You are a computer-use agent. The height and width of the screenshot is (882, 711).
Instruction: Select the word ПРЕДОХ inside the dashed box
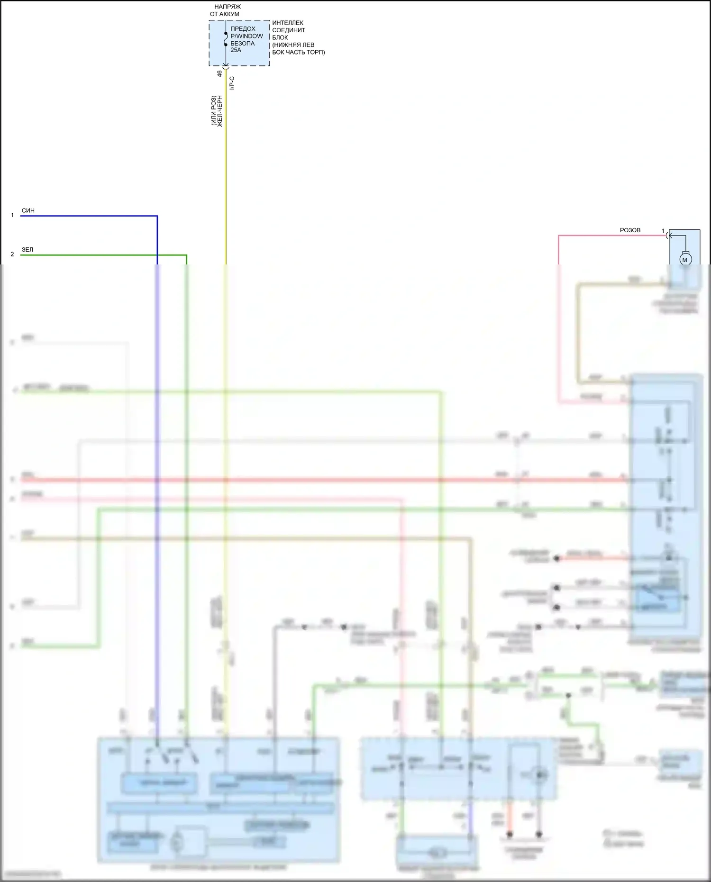pos(243,28)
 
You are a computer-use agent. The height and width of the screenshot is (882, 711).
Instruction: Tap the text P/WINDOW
pos(246,36)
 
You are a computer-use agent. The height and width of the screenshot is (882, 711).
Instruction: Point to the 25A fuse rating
pos(236,50)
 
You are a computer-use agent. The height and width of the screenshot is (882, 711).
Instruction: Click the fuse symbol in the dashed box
pos(226,39)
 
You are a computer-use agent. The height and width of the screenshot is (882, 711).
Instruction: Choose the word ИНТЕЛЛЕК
pos(288,23)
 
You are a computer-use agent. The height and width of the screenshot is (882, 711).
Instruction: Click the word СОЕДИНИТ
pos(289,30)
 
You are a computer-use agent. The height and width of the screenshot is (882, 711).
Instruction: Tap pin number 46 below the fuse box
pos(219,73)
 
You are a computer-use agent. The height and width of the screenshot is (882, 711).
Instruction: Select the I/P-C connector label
pos(232,83)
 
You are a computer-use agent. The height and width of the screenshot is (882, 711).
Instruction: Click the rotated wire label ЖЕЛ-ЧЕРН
pos(220,111)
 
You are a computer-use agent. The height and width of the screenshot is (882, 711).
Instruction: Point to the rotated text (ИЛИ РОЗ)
pos(213,111)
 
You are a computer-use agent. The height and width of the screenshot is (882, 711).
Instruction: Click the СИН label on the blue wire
pos(28,210)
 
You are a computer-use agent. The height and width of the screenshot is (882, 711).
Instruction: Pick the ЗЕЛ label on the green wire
pos(27,250)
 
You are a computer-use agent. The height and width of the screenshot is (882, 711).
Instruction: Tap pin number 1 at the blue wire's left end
pos(12,215)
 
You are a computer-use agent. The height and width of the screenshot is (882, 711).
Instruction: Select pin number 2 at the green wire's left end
pos(12,255)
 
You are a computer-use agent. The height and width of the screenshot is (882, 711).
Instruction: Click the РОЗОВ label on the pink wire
pos(630,230)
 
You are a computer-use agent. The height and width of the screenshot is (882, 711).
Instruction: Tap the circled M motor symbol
pos(685,259)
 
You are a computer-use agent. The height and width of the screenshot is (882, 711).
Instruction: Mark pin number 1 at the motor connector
pos(663,231)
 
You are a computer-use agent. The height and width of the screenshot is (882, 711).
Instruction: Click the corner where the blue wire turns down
pos(157,216)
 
